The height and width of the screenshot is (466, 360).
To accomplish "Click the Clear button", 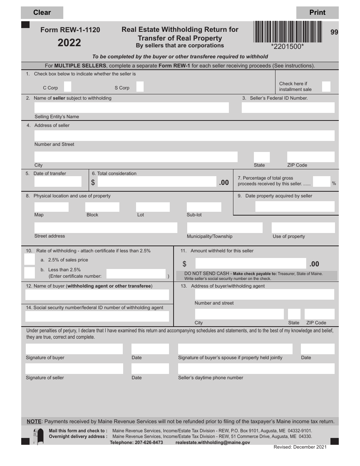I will pos(42,13).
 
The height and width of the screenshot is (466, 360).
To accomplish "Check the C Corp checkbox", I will pos(67,87).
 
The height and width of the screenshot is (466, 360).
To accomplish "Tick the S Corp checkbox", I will pos(140,87).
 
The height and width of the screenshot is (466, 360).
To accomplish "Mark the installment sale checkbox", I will pos(326,87).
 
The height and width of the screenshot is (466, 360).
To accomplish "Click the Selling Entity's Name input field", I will pos(131,108).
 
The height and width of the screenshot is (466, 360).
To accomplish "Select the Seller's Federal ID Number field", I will pos(288,108).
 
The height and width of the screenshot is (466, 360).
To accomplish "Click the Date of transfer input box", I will pos(58,182).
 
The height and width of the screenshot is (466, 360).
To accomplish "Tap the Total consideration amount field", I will pos(157,182).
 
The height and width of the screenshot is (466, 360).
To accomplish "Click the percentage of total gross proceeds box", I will pos(322,182).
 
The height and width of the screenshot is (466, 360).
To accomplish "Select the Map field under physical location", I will pos(51,207).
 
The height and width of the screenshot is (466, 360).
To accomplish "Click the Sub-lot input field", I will pos(204,207).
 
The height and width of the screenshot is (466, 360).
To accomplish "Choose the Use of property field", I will pos(303,228).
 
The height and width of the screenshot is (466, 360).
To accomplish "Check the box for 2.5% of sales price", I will pos(30,260).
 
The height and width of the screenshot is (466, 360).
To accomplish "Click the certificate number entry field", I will pos(136,274).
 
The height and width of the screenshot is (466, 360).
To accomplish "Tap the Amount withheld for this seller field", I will pos(250,264).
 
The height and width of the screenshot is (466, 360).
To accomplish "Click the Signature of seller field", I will pos(74,369).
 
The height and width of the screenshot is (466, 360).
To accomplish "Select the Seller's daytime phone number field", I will pos(256,369).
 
